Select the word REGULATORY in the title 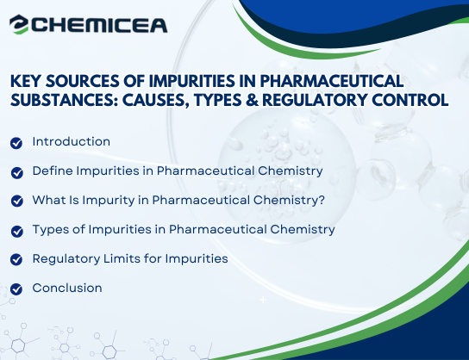pos(320,100)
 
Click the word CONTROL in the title pos(412,100)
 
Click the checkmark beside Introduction pos(16,142)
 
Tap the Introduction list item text pos(71,141)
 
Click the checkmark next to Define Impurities pos(16,171)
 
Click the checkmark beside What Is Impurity pos(16,201)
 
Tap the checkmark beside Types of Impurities pos(16,230)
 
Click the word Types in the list pos(51,229)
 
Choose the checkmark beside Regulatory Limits pos(16,259)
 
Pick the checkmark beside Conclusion pos(16,289)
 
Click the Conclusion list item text pos(67,288)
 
